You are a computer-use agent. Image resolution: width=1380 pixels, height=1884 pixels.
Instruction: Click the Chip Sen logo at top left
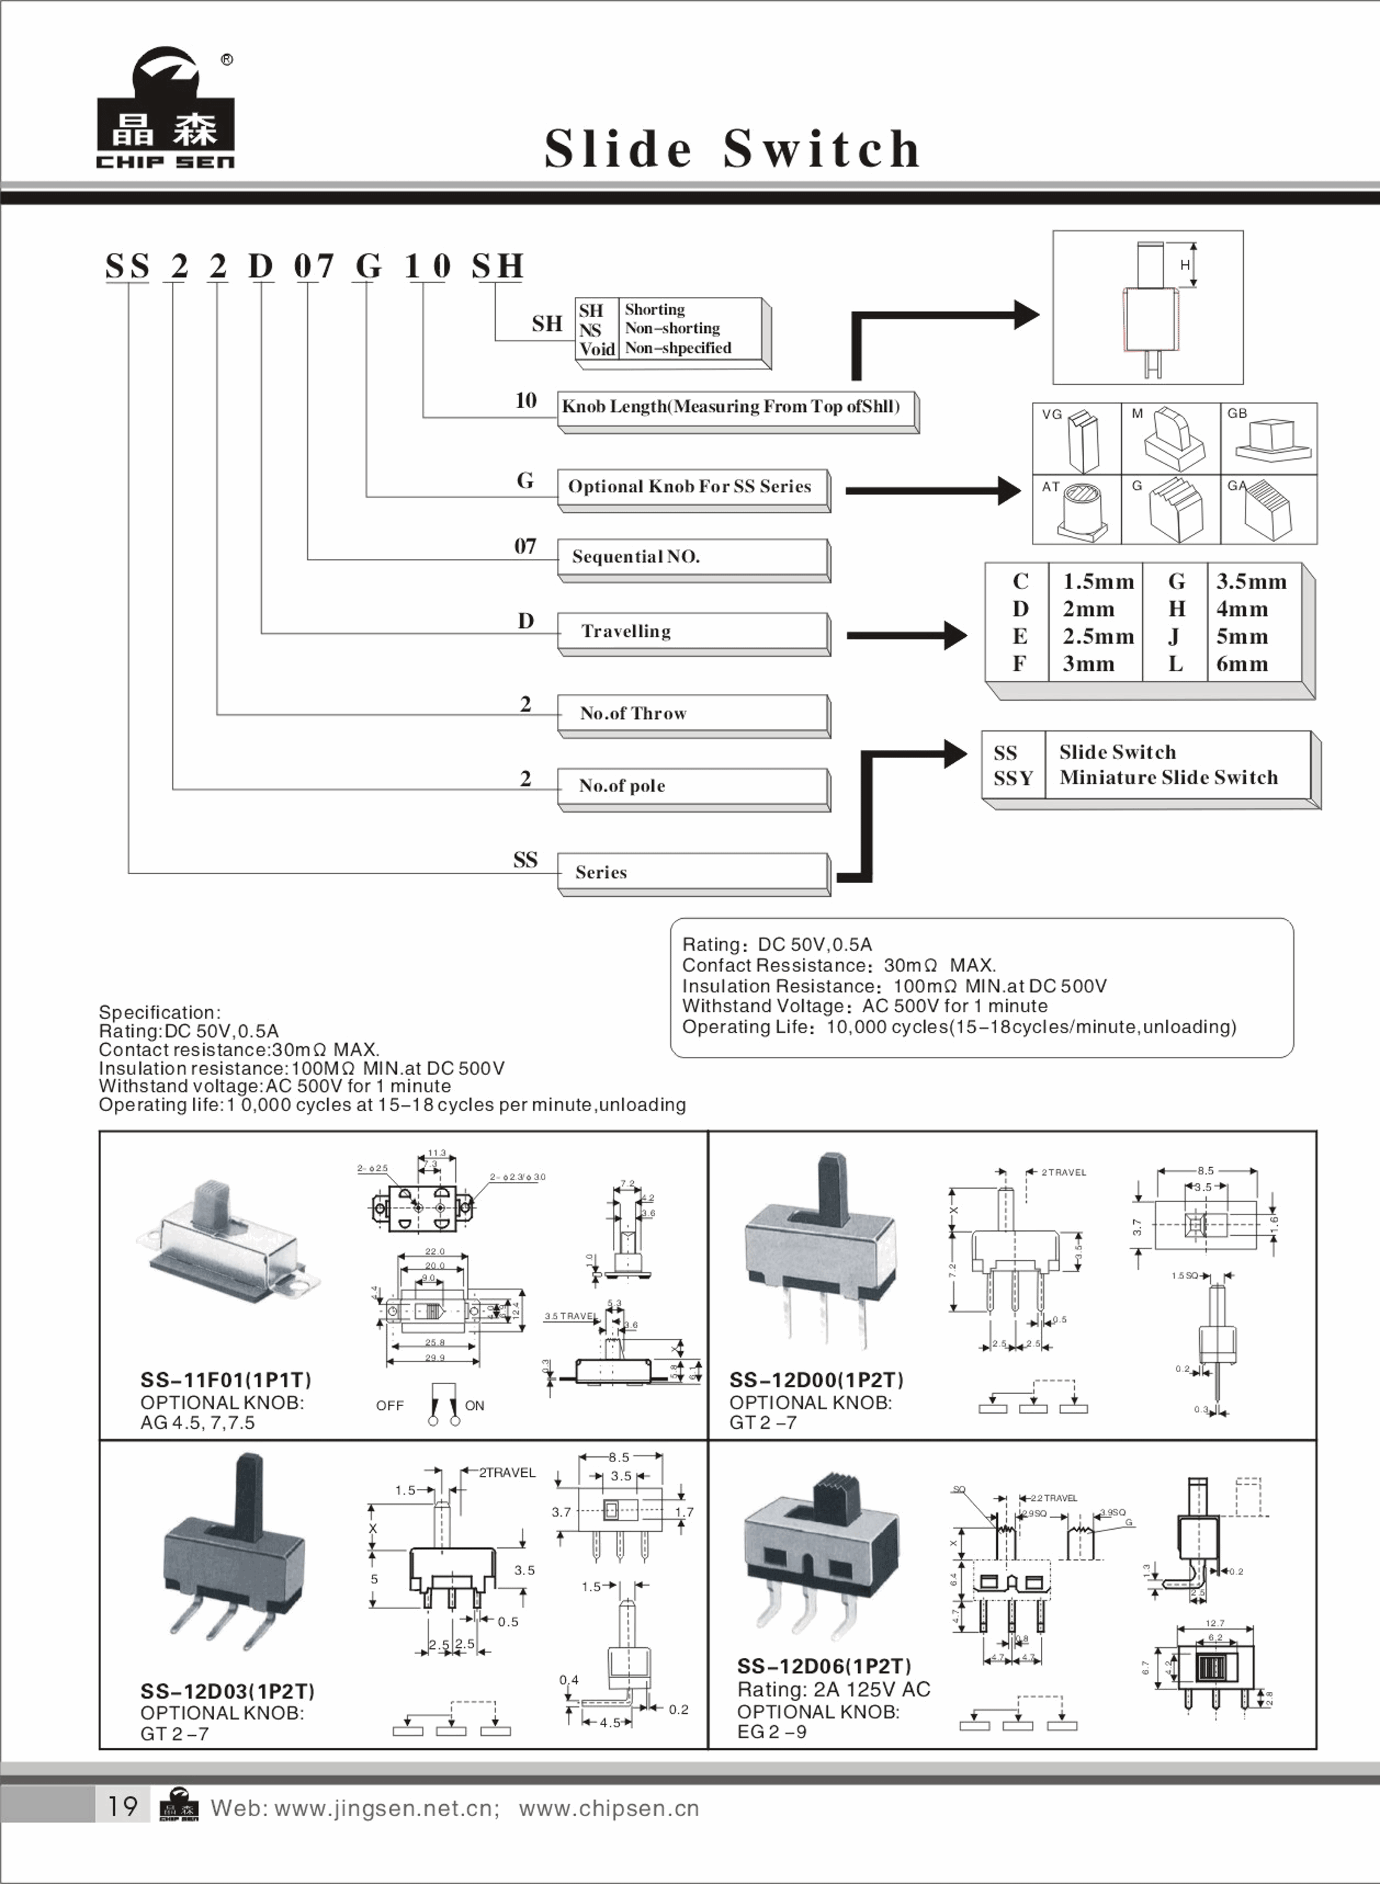(x=165, y=111)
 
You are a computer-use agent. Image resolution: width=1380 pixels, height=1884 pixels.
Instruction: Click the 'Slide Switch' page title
(x=732, y=149)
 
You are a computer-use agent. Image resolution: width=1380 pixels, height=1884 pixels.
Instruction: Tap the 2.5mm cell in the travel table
(x=1097, y=636)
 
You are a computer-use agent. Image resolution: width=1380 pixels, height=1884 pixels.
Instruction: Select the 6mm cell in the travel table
(x=1241, y=664)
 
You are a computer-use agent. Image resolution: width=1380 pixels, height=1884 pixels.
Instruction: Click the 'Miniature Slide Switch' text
(x=1168, y=777)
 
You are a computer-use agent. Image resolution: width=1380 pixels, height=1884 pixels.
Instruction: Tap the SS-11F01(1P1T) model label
(x=225, y=1381)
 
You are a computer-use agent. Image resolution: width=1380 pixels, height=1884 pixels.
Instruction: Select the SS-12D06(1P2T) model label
(x=823, y=1667)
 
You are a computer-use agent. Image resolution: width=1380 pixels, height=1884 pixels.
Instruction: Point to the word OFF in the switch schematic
(x=389, y=1406)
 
